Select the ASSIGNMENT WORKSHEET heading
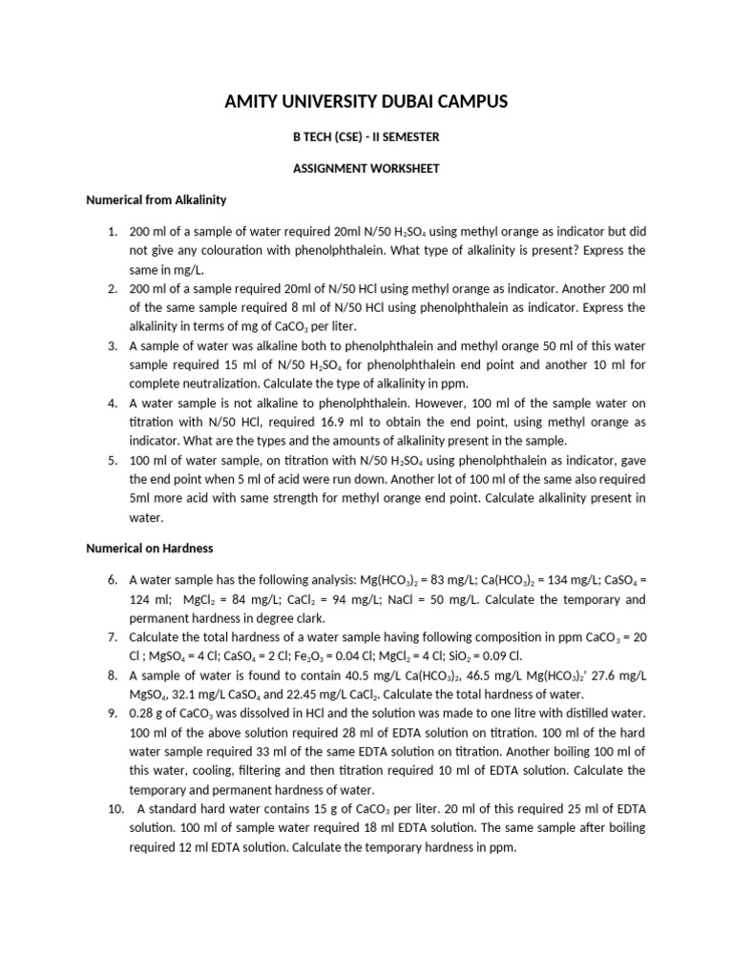click(366, 169)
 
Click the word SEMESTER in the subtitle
click(409, 136)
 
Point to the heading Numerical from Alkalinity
click(156, 201)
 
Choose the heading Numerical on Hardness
click(149, 549)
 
